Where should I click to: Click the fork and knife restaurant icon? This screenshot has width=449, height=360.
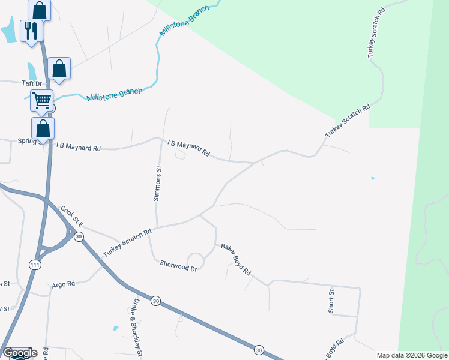pyautogui.click(x=31, y=30)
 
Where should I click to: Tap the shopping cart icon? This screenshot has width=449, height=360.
pyautogui.click(x=41, y=100)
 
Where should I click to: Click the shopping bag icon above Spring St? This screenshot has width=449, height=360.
pyautogui.click(x=43, y=128)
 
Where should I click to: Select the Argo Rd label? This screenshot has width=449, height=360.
pyautogui.click(x=63, y=284)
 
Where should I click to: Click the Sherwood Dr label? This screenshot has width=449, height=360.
pyautogui.click(x=178, y=264)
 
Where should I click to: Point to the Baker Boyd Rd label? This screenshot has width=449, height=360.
pyautogui.click(x=236, y=259)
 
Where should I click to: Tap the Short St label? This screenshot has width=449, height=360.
pyautogui.click(x=331, y=300)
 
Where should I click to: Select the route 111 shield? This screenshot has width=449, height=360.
pyautogui.click(x=35, y=265)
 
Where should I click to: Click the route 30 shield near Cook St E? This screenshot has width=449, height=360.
pyautogui.click(x=79, y=237)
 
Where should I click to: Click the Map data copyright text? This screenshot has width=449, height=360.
pyautogui.click(x=412, y=355)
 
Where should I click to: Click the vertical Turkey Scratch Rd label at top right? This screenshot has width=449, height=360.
pyautogui.click(x=376, y=33)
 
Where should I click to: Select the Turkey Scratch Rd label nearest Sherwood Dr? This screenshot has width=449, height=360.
pyautogui.click(x=127, y=243)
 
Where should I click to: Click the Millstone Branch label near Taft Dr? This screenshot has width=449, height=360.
pyautogui.click(x=115, y=95)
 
